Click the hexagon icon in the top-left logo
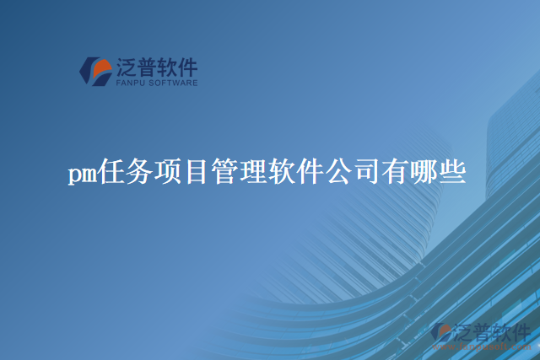[95, 71]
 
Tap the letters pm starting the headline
[82, 175]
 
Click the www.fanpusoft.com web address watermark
[481, 347]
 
